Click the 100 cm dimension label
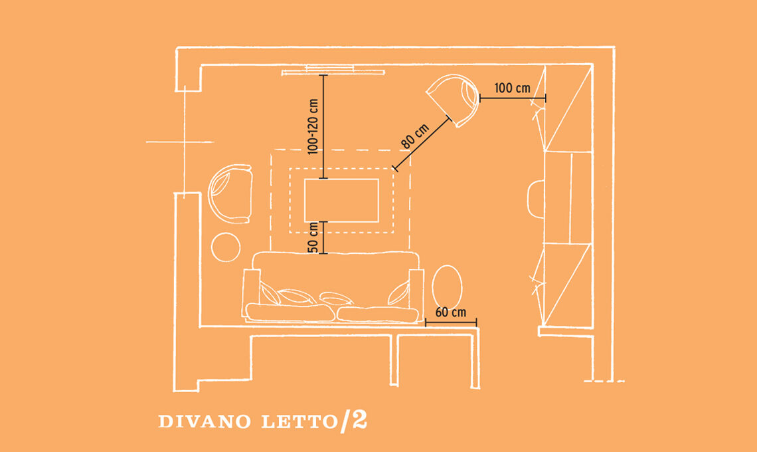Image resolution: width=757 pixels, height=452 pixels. pyautogui.click(x=512, y=88)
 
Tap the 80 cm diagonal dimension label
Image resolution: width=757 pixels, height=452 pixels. pyautogui.click(x=415, y=136)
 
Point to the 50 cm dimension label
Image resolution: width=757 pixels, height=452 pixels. pyautogui.click(x=313, y=237)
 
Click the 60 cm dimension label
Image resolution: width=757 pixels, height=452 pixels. pyautogui.click(x=451, y=312)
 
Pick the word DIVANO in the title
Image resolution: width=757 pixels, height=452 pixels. pyautogui.click(x=205, y=421)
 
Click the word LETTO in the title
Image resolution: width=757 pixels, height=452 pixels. pyautogui.click(x=299, y=421)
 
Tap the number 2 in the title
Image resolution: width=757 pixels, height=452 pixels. pyautogui.click(x=360, y=420)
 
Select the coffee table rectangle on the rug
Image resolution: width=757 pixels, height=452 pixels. pyautogui.click(x=341, y=200)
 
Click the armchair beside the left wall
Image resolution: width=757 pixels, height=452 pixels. pyautogui.click(x=230, y=193)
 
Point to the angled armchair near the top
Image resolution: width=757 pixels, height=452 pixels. pyautogui.click(x=454, y=99)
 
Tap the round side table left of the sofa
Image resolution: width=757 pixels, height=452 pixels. pyautogui.click(x=226, y=247)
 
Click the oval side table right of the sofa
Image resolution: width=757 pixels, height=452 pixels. pyautogui.click(x=447, y=287)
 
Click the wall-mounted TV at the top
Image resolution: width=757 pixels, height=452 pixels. pyautogui.click(x=333, y=70)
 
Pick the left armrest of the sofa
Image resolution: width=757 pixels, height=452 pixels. pyautogui.click(x=251, y=293)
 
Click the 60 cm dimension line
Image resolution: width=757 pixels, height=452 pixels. pyautogui.click(x=451, y=322)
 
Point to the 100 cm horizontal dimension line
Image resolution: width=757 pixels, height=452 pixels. pyautogui.click(x=513, y=98)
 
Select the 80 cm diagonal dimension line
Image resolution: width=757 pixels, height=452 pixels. pyautogui.click(x=423, y=144)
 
